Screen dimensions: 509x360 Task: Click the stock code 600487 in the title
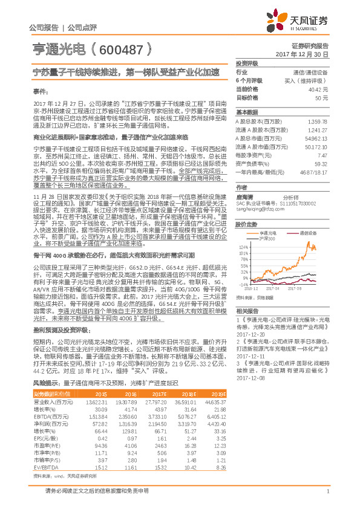tap(130, 50)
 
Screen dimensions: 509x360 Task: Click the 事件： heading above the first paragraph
tap(39, 91)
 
